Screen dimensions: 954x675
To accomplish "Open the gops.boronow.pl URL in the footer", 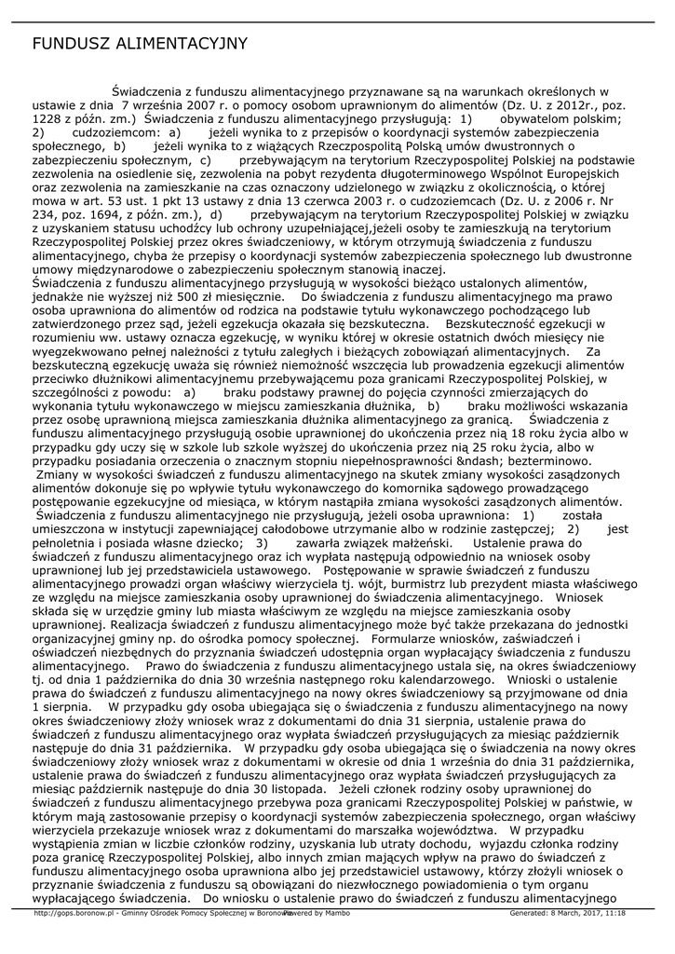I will [x=73, y=913].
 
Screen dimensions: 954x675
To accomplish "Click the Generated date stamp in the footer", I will [x=567, y=913].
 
